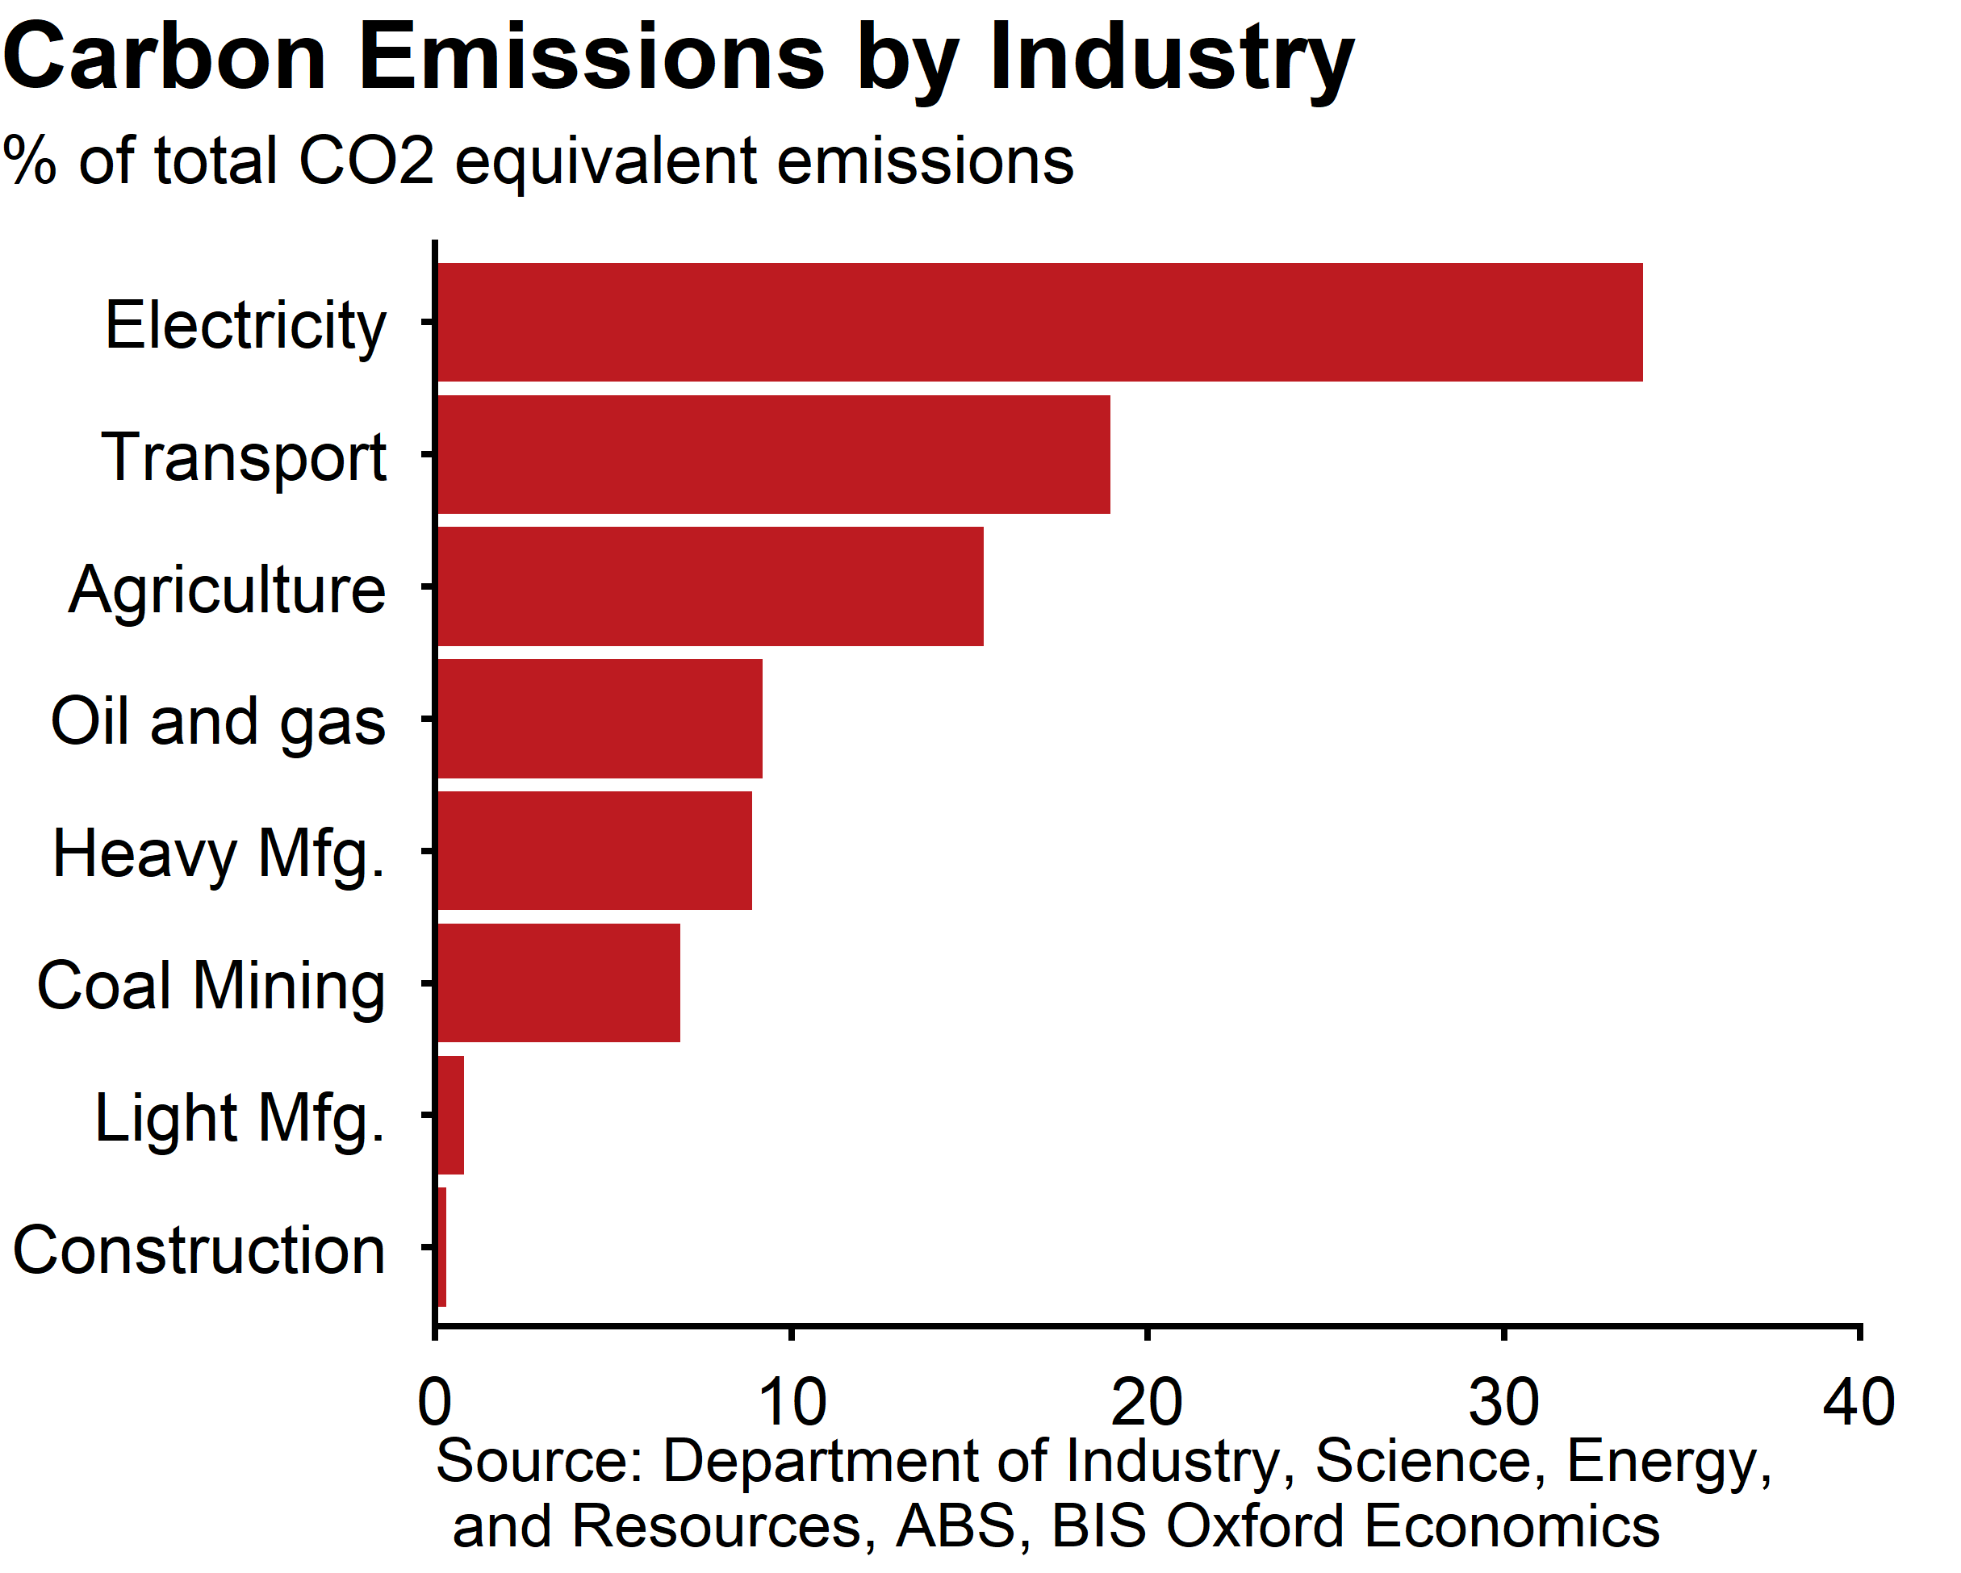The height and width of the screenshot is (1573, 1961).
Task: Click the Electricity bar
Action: [x=1039, y=322]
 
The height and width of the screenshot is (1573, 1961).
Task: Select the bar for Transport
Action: [x=773, y=455]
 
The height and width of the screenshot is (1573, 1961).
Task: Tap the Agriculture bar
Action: [x=709, y=586]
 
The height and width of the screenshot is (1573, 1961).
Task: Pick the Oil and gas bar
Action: [x=600, y=718]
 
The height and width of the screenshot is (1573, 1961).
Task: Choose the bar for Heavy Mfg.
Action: [x=594, y=850]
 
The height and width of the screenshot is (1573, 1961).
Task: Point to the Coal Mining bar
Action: [x=558, y=983]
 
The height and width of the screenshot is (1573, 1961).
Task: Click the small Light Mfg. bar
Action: [x=450, y=1115]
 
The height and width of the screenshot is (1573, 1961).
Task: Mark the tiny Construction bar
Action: [x=442, y=1246]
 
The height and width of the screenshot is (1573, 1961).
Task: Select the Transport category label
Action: [x=244, y=457]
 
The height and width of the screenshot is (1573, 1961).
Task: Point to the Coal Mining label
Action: [x=211, y=986]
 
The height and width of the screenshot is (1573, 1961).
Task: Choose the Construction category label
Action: [x=199, y=1250]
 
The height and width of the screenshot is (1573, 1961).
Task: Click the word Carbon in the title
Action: [x=164, y=58]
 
